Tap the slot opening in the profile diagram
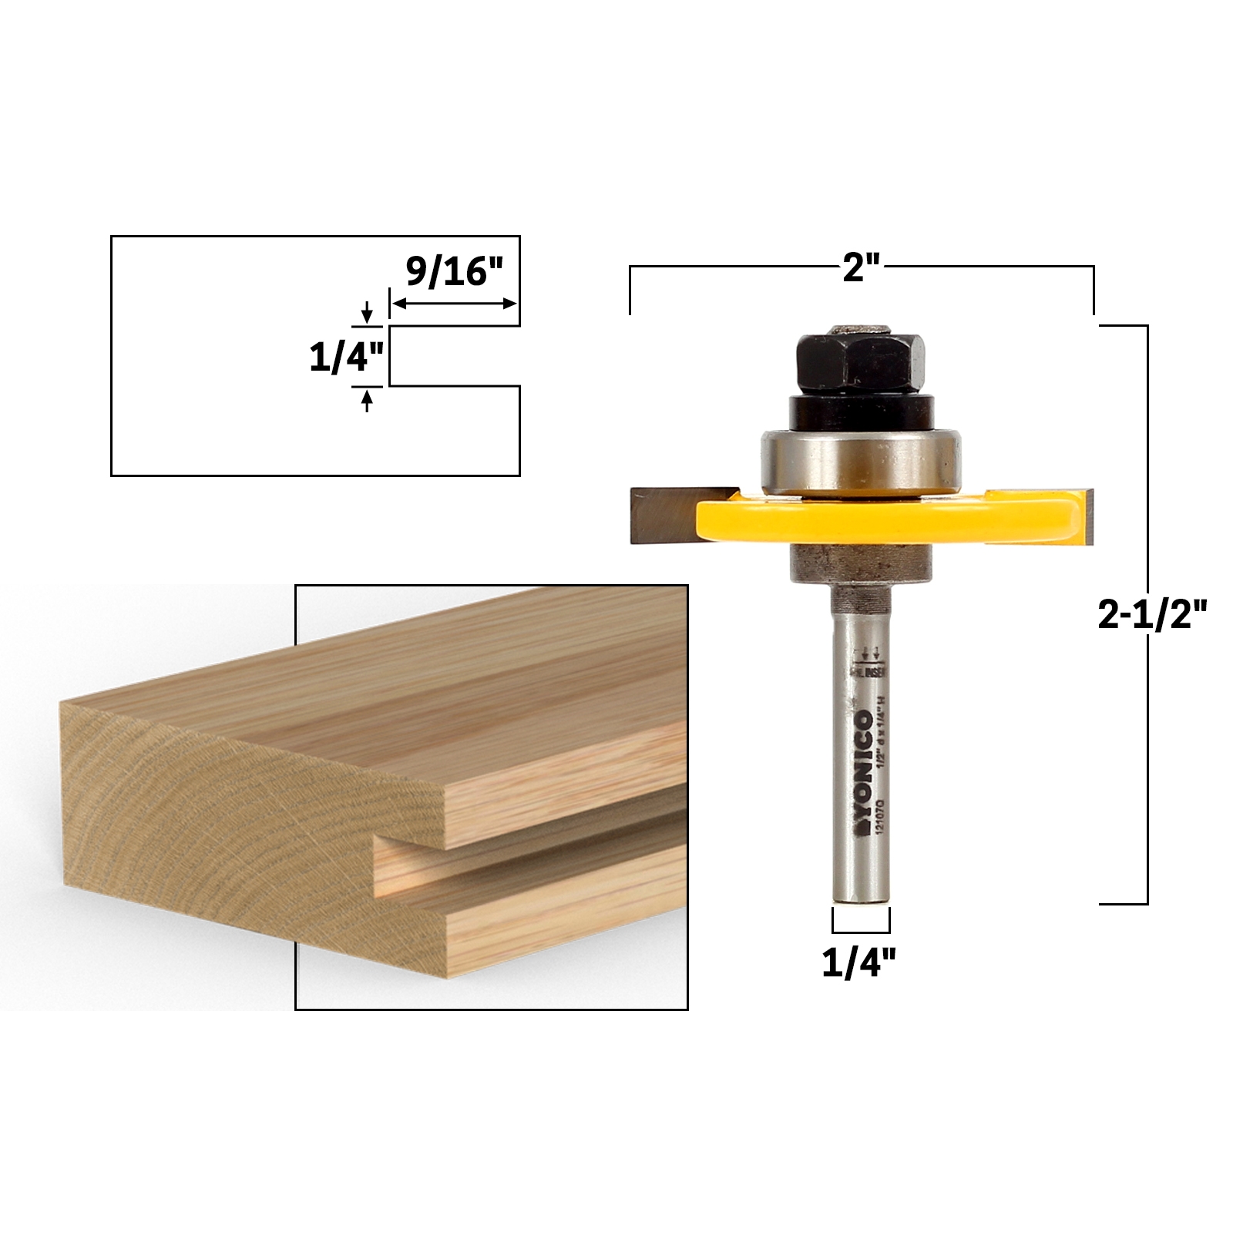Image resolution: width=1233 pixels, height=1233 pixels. [455, 357]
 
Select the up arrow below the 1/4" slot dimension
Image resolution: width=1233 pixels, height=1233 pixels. [367, 401]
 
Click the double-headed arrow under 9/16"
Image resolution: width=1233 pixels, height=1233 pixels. [454, 304]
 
